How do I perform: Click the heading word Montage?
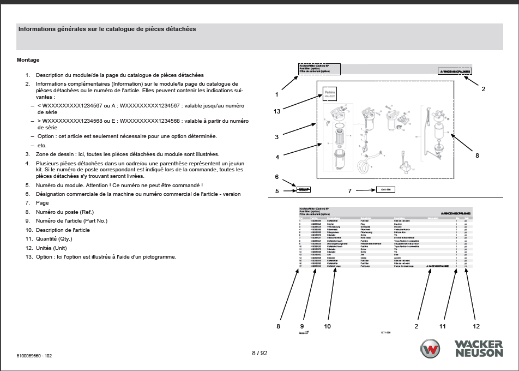(28, 60)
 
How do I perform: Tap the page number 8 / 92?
(259, 353)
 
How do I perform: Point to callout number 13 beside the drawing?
(277, 111)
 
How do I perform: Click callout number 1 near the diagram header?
(277, 94)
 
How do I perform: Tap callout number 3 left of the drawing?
(277, 136)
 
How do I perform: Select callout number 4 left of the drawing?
(277, 157)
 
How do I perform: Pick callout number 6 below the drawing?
(277, 177)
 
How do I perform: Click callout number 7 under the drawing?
(350, 190)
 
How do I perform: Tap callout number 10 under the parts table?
(328, 326)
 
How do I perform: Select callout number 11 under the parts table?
(443, 326)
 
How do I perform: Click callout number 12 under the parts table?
(476, 326)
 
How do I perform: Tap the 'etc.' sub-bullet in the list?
(42, 146)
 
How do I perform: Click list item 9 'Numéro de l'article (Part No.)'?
(71, 220)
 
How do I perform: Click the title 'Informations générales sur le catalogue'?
(107, 29)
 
